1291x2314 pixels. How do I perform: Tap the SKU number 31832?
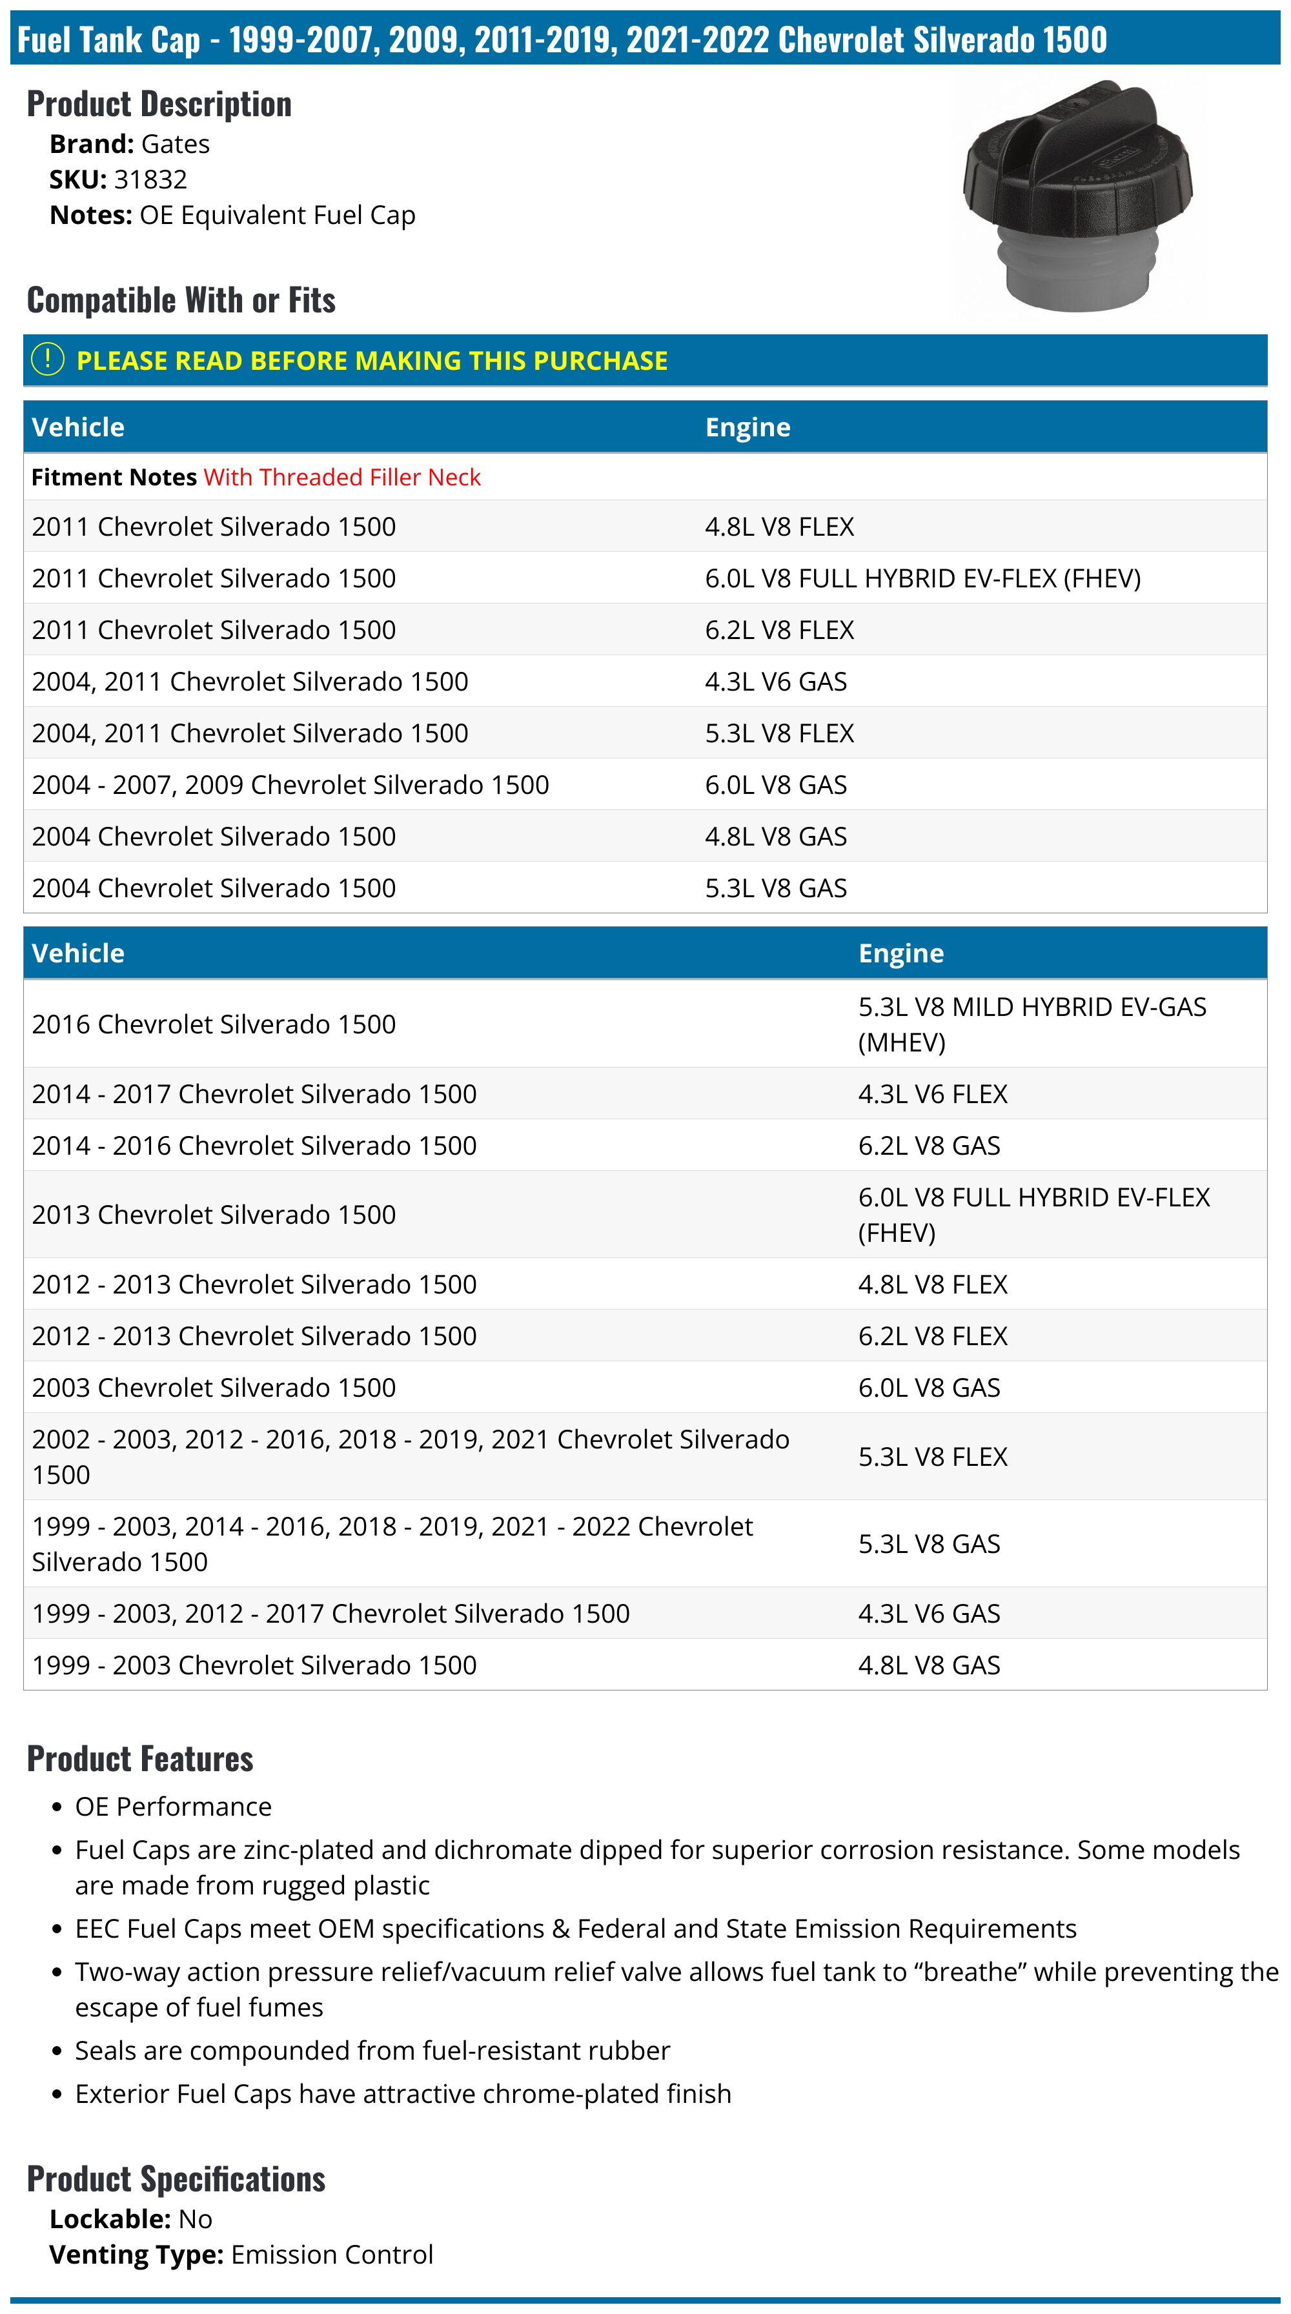pyautogui.click(x=150, y=179)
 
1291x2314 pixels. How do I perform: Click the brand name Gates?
pyautogui.click(x=175, y=144)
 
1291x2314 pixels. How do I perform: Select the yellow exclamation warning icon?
pyautogui.click(x=48, y=360)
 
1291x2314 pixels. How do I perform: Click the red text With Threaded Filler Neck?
pyautogui.click(x=341, y=477)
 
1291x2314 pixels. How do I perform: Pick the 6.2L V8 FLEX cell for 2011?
pyautogui.click(x=779, y=630)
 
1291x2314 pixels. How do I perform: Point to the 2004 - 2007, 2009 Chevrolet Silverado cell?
pyautogui.click(x=290, y=784)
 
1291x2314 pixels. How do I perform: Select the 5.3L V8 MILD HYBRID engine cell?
pyautogui.click(x=1032, y=1024)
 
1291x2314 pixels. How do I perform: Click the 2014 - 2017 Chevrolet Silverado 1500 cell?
pyautogui.click(x=254, y=1093)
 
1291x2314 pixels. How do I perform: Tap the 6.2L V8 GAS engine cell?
pyautogui.click(x=929, y=1145)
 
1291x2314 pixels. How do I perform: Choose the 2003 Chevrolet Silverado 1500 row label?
pyautogui.click(x=214, y=1387)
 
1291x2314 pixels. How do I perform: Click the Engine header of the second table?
pyautogui.click(x=901, y=953)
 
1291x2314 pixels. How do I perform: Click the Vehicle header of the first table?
pyautogui.click(x=78, y=427)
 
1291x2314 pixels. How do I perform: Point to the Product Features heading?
pyautogui.click(x=140, y=1759)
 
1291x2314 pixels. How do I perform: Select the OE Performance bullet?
pyautogui.click(x=172, y=1807)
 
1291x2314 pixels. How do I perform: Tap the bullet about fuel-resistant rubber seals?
pyautogui.click(x=372, y=2051)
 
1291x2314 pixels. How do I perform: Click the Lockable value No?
pyautogui.click(x=195, y=2218)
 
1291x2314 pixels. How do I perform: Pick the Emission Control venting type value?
pyautogui.click(x=332, y=2255)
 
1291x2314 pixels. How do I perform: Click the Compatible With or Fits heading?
pyautogui.click(x=181, y=300)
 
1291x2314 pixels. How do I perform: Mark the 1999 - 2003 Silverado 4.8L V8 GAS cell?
pyautogui.click(x=929, y=1665)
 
